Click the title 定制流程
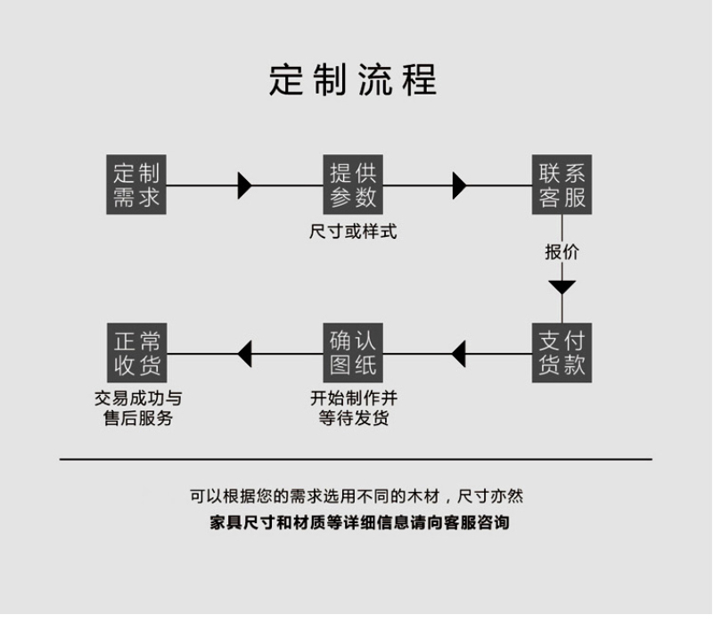[x=353, y=80]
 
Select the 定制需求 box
[x=136, y=185]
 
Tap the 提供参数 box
[x=353, y=185]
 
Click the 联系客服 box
[x=562, y=185]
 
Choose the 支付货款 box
[x=562, y=353]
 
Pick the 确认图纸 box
[x=353, y=353]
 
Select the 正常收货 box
[x=136, y=353]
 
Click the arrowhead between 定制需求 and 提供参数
[x=244, y=185]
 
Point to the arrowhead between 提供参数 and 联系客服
[x=459, y=185]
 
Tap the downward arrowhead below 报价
[x=562, y=287]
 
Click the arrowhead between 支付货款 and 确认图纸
[x=459, y=354]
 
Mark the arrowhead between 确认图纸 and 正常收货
[x=245, y=354]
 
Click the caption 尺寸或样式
[x=353, y=232]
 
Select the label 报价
[x=562, y=252]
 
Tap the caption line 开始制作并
[x=353, y=398]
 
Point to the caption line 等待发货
[x=353, y=418]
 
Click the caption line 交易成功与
[x=137, y=398]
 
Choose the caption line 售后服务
[x=137, y=418]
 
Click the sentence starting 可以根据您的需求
[x=356, y=496]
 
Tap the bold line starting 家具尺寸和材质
[x=359, y=523]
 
